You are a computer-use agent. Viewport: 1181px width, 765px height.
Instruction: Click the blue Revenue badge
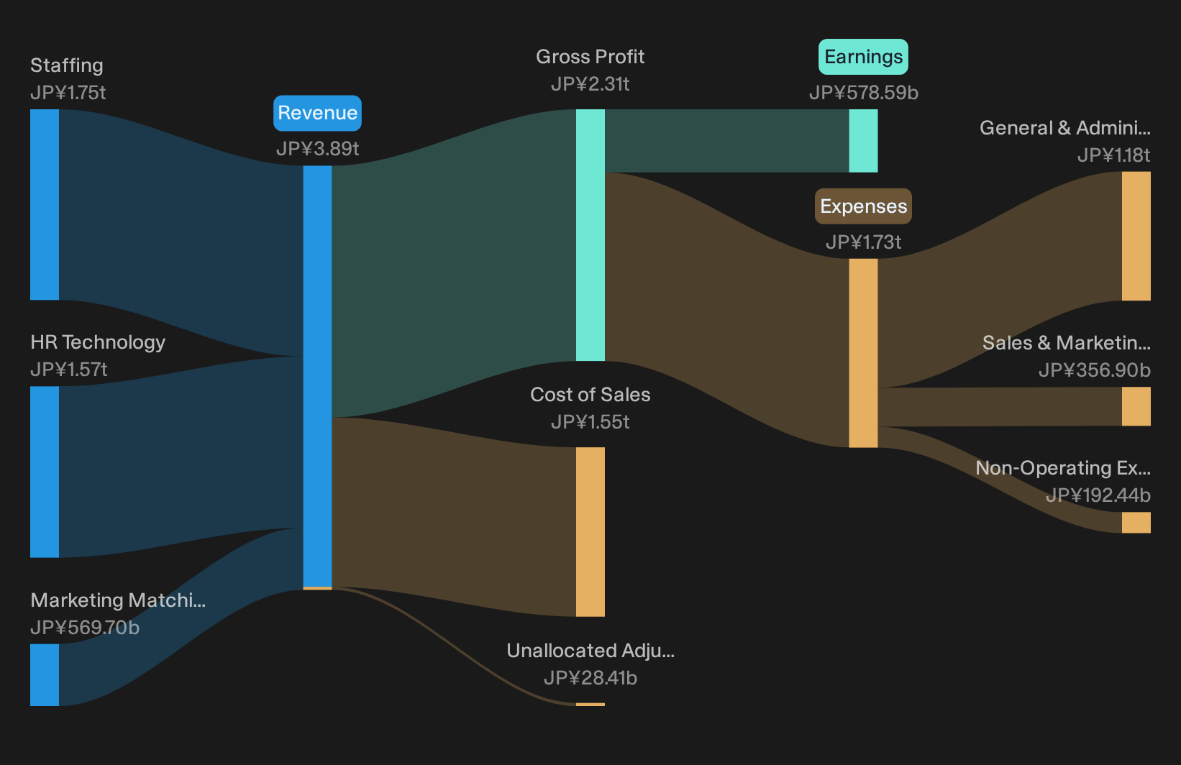tap(317, 113)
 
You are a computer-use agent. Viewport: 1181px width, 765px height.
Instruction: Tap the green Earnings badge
tap(863, 56)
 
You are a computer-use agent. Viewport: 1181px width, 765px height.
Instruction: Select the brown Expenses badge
tap(863, 206)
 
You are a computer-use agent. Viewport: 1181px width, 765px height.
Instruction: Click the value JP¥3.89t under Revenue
tap(317, 149)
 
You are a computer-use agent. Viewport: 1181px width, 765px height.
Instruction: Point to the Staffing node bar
tap(45, 205)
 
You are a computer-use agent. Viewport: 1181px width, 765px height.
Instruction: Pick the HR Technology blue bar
tap(45, 472)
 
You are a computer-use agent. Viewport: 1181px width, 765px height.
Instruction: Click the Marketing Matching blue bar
tap(45, 675)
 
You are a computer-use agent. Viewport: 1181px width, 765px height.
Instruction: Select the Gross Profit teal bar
tap(590, 235)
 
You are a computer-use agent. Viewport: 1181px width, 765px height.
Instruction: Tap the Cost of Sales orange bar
tap(590, 532)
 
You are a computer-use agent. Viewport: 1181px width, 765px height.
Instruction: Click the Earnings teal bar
tap(863, 141)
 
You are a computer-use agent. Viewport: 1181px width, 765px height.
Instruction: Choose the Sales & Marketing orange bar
tap(1136, 406)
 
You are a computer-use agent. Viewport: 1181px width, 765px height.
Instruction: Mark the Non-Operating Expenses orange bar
tap(1136, 523)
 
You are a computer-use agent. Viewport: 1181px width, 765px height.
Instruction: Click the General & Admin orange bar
tap(1136, 237)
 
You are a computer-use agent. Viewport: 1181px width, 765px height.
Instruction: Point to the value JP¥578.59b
tap(864, 93)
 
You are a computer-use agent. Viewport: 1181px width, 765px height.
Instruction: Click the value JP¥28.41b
tap(590, 678)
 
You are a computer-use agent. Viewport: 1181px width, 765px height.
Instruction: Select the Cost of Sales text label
tap(590, 394)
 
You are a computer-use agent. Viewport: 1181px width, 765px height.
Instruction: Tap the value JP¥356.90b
tap(1095, 370)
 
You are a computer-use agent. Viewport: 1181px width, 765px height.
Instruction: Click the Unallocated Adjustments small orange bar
tap(590, 705)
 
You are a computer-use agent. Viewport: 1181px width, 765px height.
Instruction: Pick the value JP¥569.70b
tap(85, 628)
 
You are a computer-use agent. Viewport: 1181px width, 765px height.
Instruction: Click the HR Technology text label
tap(98, 342)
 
